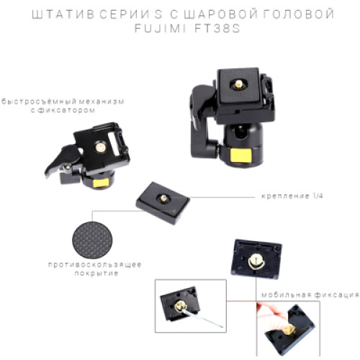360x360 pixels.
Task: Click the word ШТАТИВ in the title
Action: point(63,14)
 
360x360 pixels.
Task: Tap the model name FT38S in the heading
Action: point(217,29)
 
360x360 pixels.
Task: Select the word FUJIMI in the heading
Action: point(160,29)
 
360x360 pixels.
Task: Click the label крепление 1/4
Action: point(292,196)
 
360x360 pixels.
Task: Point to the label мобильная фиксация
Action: point(310,294)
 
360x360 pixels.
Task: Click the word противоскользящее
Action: point(94,265)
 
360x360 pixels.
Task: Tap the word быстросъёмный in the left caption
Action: point(39,102)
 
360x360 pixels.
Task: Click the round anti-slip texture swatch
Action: point(92,240)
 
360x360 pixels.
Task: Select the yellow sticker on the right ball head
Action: point(241,156)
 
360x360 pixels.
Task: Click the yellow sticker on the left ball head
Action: point(101,183)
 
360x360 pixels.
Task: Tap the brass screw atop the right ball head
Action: point(238,84)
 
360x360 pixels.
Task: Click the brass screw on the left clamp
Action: point(100,147)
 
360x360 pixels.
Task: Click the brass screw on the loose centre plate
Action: point(163,198)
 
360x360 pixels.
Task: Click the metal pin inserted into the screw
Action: point(202,318)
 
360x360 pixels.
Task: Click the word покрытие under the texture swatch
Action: point(96,274)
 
